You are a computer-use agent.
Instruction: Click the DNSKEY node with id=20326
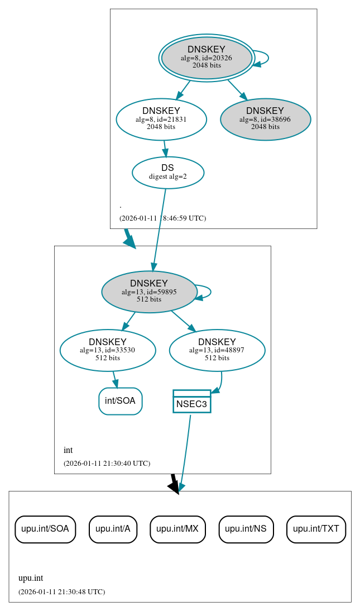click(x=207, y=58)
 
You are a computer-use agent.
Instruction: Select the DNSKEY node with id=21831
click(x=161, y=119)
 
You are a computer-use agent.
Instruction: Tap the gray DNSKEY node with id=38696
click(x=265, y=119)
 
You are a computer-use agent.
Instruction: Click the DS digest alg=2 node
click(x=167, y=172)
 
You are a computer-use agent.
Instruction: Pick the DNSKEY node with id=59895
click(x=149, y=292)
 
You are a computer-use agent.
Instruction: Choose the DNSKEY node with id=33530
click(x=108, y=350)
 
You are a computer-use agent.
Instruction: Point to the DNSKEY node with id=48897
click(x=217, y=350)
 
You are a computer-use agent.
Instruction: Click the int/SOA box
click(x=121, y=401)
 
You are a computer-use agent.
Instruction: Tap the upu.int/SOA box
click(x=45, y=529)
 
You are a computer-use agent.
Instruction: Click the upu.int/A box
click(x=113, y=529)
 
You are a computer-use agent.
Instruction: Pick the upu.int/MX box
click(x=177, y=529)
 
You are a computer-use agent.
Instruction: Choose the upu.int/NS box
click(x=246, y=529)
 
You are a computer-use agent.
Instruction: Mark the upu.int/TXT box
click(x=316, y=529)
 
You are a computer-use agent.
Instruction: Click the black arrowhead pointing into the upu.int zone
click(x=174, y=487)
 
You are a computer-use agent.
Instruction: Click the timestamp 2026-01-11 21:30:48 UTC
click(x=61, y=591)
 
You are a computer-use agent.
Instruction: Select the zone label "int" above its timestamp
click(x=68, y=450)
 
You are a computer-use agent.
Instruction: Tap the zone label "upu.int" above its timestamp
click(x=31, y=578)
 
